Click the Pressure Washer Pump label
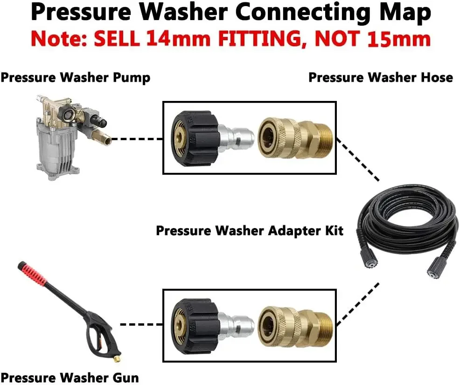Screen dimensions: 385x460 tap(76, 77)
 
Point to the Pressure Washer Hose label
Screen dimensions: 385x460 tap(381, 77)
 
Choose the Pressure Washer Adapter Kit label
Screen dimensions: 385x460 tap(250, 230)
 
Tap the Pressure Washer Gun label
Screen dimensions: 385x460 tap(70, 377)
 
